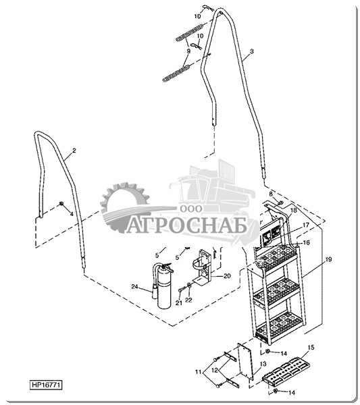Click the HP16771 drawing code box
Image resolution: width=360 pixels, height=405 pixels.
(47, 385)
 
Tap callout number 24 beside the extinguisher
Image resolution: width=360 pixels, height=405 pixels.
(134, 287)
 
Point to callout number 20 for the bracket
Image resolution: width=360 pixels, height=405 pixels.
(227, 276)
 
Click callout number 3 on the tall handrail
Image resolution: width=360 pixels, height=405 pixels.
(252, 51)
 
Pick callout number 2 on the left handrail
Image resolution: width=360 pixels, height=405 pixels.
(74, 151)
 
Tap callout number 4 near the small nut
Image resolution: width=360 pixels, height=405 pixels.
(72, 214)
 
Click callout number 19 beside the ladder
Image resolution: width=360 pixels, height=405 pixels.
(328, 259)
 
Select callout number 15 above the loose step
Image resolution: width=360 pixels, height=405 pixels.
(311, 348)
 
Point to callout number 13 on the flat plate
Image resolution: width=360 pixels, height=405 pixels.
(263, 364)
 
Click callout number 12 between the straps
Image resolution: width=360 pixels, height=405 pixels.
(215, 370)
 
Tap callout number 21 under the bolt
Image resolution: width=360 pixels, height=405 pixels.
(179, 303)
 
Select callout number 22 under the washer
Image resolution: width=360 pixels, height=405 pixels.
(189, 300)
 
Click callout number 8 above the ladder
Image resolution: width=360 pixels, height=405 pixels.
(271, 194)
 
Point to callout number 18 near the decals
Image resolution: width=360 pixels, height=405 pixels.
(294, 210)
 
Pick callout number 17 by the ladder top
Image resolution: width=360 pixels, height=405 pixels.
(306, 225)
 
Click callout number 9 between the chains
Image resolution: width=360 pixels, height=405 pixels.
(188, 51)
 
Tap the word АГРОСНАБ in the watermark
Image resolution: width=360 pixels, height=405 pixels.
(186, 226)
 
